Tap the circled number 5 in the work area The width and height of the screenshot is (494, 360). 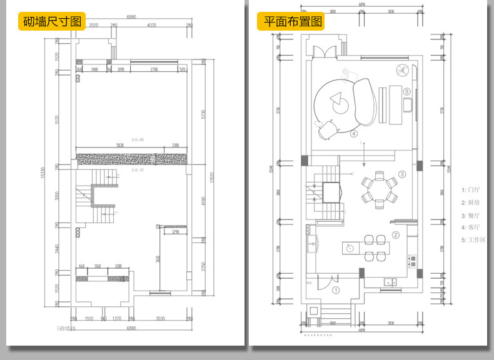[407, 91]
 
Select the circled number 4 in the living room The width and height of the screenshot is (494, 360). [354, 133]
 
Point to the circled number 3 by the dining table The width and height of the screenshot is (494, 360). [402, 174]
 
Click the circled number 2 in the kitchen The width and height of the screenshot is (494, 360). [395, 235]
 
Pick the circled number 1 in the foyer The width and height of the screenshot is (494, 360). [335, 290]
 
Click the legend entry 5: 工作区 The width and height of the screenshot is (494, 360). [473, 240]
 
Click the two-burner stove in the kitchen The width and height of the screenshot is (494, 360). [411, 261]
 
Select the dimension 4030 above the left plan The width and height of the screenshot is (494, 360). [151, 26]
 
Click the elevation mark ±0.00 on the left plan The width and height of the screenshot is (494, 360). [137, 139]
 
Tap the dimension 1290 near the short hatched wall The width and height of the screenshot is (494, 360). [176, 232]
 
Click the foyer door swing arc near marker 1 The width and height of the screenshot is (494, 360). [325, 283]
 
